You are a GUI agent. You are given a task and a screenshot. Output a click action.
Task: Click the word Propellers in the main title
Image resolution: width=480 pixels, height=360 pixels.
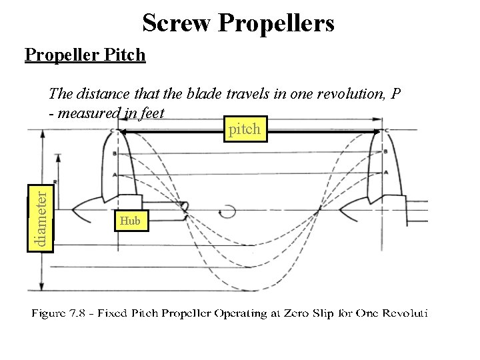tap(275, 24)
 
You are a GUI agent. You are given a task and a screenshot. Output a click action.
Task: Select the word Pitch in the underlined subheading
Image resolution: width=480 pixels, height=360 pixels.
tap(125, 55)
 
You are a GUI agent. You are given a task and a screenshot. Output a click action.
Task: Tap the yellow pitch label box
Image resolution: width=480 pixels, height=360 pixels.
tap(245, 129)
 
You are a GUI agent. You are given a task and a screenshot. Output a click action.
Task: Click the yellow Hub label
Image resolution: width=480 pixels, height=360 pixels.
tap(130, 221)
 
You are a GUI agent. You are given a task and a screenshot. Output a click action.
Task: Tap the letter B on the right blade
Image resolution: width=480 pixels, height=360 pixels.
tap(386, 153)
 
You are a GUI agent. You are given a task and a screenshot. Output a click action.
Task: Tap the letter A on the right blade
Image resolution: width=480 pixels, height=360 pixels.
tap(386, 173)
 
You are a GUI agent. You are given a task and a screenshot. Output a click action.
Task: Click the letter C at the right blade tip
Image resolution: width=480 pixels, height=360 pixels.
tap(387, 130)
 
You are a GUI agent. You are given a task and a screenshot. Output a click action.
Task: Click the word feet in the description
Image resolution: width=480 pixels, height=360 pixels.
tap(150, 113)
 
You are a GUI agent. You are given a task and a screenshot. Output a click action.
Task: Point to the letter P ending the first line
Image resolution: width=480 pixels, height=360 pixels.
tap(397, 93)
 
